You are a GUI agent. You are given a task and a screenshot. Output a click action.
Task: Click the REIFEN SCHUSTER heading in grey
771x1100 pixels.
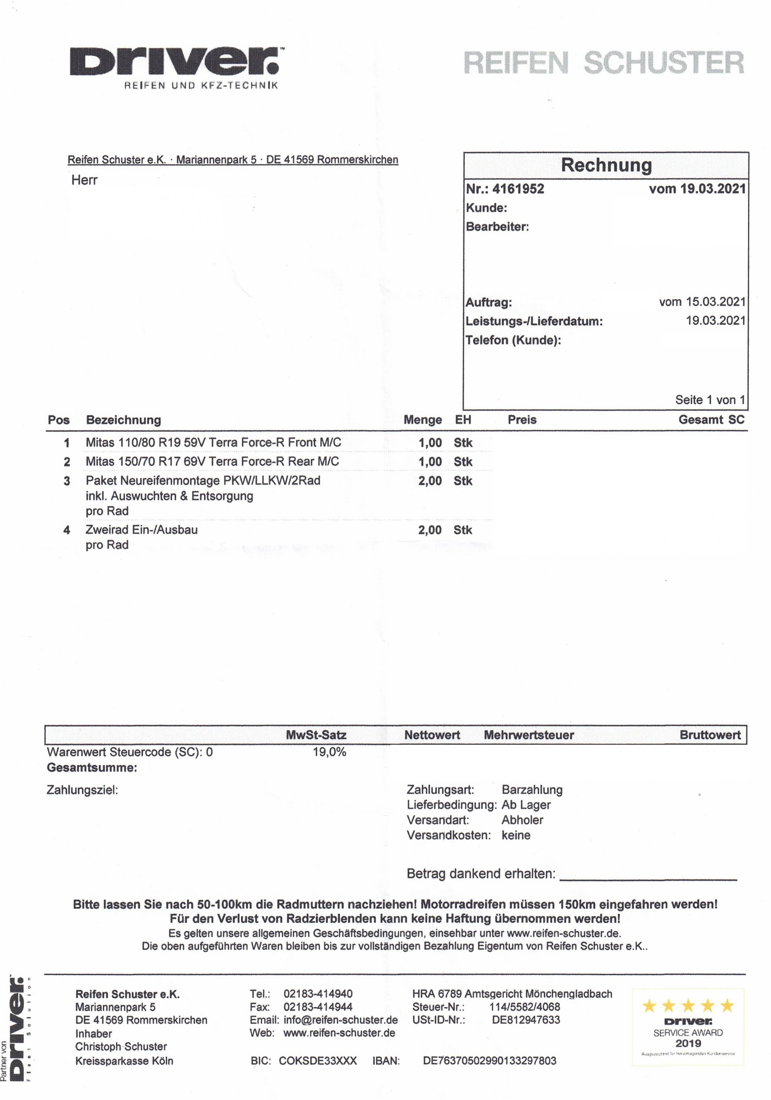603,63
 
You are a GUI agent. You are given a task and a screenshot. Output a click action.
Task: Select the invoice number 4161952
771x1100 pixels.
518,189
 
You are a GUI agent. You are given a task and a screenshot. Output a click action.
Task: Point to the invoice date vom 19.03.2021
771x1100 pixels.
697,189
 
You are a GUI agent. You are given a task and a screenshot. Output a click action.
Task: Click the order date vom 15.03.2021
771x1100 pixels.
702,302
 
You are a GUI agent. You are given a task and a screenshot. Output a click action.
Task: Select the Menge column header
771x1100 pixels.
422,420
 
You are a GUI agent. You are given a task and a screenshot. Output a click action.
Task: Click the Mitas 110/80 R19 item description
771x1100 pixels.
213,443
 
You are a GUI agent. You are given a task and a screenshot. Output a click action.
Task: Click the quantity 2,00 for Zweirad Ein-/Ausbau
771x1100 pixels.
430,530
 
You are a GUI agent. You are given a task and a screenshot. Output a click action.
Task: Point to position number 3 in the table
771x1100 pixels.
67,481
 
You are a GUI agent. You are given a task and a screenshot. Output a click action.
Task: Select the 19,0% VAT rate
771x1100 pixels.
329,752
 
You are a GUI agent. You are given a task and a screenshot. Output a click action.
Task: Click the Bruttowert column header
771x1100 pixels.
710,735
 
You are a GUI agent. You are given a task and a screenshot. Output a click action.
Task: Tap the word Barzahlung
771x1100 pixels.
532,790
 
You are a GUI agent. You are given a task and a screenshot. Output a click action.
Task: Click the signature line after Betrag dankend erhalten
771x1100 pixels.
648,879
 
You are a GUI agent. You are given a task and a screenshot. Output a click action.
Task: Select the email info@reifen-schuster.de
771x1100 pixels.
340,1020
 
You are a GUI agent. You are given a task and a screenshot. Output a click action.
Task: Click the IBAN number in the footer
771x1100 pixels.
489,1061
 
